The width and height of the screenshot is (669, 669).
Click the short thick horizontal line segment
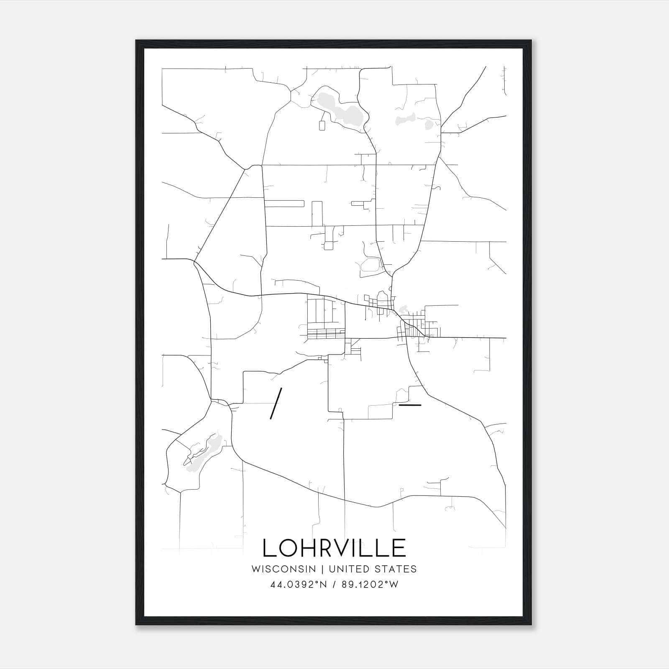[x=410, y=405]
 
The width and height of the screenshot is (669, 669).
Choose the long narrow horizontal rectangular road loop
[x=284, y=204]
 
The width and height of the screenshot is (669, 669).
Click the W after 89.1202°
[x=393, y=585]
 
